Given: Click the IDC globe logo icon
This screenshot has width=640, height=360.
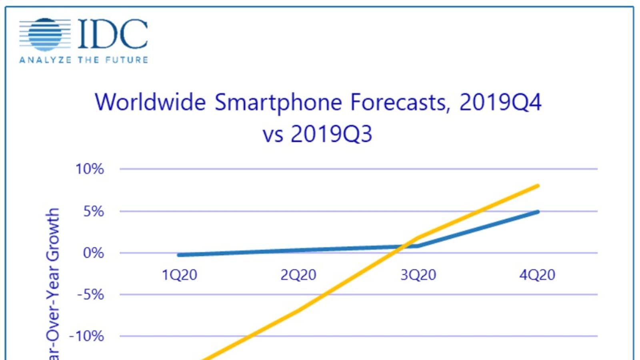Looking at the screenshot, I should [45, 34].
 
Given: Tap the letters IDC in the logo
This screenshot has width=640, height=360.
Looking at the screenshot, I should [112, 34].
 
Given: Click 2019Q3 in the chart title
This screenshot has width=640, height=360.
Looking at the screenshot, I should [331, 134].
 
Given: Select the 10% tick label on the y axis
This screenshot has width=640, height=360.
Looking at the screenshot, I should [90, 169].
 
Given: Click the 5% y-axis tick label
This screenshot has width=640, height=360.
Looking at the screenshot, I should [94, 211].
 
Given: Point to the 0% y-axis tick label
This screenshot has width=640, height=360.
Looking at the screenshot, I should [94, 253].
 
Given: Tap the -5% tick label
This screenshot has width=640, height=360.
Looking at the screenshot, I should [90, 295].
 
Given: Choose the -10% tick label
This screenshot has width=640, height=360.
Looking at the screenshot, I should [86, 336].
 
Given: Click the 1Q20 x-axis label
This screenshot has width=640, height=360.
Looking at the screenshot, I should [180, 275].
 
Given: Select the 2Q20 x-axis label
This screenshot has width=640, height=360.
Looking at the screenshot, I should [298, 275].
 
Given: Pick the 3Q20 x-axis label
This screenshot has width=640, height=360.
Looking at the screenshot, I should [418, 275].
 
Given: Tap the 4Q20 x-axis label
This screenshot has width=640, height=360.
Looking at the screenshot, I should [537, 275].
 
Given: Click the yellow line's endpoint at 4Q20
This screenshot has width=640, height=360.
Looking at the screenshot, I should [538, 186].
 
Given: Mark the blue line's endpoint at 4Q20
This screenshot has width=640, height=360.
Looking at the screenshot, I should [538, 212].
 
